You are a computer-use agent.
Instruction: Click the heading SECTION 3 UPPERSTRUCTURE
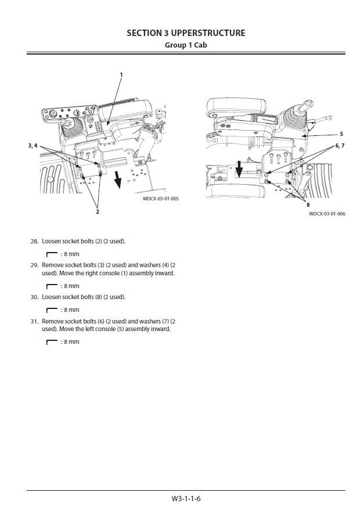click(x=186, y=33)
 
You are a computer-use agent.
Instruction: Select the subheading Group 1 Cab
click(x=186, y=45)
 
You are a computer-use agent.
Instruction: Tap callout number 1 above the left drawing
click(x=121, y=75)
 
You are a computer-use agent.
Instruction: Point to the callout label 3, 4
click(x=33, y=146)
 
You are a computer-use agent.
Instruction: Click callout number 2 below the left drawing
click(x=98, y=211)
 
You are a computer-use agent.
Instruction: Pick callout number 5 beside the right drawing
click(x=341, y=134)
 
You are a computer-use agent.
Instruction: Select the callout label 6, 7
click(x=340, y=146)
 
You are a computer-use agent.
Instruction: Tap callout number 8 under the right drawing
click(x=308, y=204)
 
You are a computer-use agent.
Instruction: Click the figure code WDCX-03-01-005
click(x=161, y=199)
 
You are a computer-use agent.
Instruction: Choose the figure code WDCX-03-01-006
click(x=327, y=214)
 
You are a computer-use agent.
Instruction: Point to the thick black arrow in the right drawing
click(x=239, y=169)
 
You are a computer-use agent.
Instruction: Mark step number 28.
click(x=34, y=241)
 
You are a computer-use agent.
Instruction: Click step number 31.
click(x=34, y=321)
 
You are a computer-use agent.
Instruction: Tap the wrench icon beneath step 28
click(x=52, y=254)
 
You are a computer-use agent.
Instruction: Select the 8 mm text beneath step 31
click(x=71, y=341)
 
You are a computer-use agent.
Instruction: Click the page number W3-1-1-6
click(x=186, y=499)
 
